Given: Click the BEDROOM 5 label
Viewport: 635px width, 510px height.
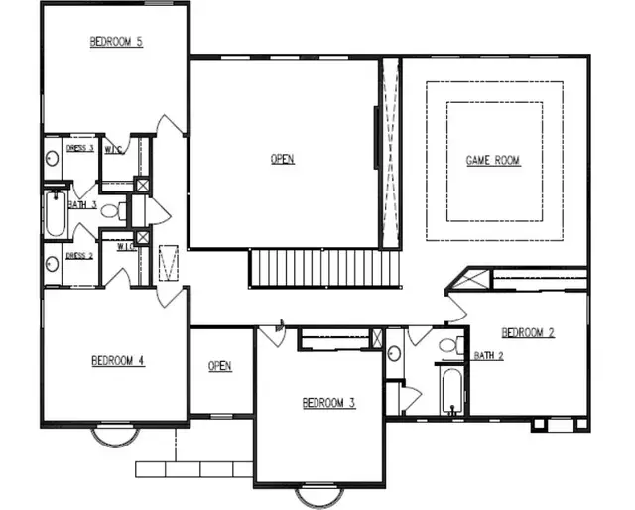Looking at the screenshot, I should click(116, 42).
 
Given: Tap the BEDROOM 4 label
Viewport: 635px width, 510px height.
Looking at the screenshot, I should click(118, 361).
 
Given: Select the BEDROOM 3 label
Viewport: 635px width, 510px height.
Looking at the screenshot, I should click(328, 403).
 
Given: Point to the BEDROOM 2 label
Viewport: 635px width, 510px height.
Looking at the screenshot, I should click(527, 332).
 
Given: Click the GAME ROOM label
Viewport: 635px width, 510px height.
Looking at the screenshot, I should click(493, 160).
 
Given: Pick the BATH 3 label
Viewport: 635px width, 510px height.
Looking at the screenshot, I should click(81, 205).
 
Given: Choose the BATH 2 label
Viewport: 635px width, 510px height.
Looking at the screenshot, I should click(487, 355).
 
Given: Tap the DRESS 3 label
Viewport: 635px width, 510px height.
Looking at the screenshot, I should click(79, 149).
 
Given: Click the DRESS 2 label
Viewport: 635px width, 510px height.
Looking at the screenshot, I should click(79, 255).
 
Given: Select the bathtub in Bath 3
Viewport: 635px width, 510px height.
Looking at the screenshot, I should click(55, 213).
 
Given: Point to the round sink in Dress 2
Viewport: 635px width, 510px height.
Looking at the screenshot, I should click(53, 265).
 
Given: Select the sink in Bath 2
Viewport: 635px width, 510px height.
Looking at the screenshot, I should click(394, 354).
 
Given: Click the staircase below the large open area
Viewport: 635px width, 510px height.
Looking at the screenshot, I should click(322, 268).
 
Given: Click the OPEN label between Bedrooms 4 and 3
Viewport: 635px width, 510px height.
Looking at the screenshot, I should click(220, 367).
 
